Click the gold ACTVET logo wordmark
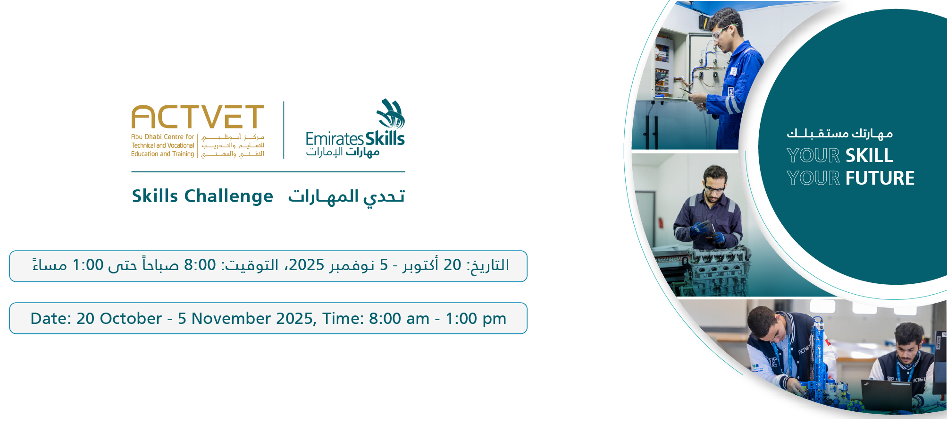pyautogui.click(x=198, y=117)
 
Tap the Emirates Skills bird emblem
pyautogui.click(x=391, y=114)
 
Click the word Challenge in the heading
pyautogui.click(x=228, y=196)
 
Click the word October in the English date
pyautogui.click(x=131, y=319)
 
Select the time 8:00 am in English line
pyautogui.click(x=399, y=319)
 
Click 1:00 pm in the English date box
pyautogui.click(x=476, y=319)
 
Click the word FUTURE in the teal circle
pyautogui.click(x=880, y=178)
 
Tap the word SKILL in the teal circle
pyautogui.click(x=869, y=155)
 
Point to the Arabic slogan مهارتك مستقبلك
pyautogui.click(x=840, y=134)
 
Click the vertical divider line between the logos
pyautogui.click(x=284, y=130)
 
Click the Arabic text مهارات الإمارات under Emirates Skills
pyautogui.click(x=343, y=152)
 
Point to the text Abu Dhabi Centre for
pyautogui.click(x=163, y=137)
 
